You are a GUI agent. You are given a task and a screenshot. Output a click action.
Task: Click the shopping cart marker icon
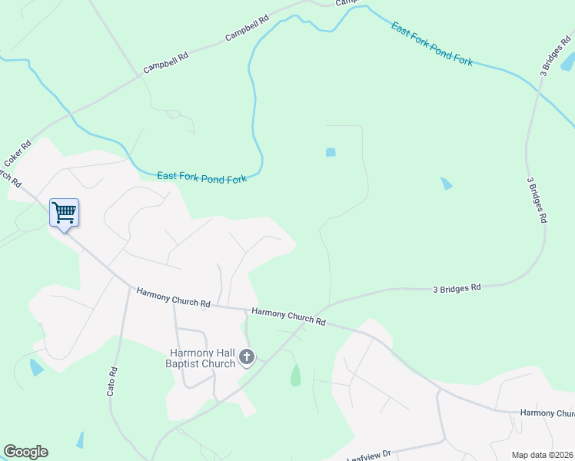pyautogui.click(x=65, y=213)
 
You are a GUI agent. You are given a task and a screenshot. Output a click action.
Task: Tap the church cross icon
pyautogui.click(x=247, y=357)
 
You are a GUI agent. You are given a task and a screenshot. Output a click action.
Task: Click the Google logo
pyautogui.click(x=25, y=452)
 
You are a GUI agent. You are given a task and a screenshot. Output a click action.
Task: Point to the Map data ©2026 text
pyautogui.click(x=541, y=455)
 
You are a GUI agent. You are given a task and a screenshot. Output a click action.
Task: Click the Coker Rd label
pyautogui.click(x=17, y=154)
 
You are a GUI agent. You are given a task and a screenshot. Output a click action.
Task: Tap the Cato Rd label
pyautogui.click(x=112, y=381)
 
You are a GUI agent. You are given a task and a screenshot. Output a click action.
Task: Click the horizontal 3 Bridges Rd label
pyautogui.click(x=457, y=288)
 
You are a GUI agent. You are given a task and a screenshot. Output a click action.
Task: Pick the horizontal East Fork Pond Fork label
pyautogui.click(x=201, y=177)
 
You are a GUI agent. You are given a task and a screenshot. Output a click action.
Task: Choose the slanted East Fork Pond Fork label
pyautogui.click(x=431, y=43)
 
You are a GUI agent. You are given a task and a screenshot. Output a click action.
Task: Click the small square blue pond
pyautogui.click(x=331, y=152)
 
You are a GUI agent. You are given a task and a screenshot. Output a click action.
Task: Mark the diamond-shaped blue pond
pyautogui.click(x=446, y=184)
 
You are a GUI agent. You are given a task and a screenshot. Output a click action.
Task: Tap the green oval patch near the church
pyautogui.click(x=295, y=376)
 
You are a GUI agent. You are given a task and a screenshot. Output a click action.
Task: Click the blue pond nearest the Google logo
pyautogui.click(x=79, y=440)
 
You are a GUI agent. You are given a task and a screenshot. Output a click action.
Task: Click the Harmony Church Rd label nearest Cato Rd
pyautogui.click(x=173, y=297)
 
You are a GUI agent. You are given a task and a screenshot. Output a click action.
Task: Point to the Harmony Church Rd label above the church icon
pyautogui.click(x=288, y=317)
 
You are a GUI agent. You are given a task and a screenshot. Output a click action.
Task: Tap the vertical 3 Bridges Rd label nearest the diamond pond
pyautogui.click(x=537, y=201)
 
